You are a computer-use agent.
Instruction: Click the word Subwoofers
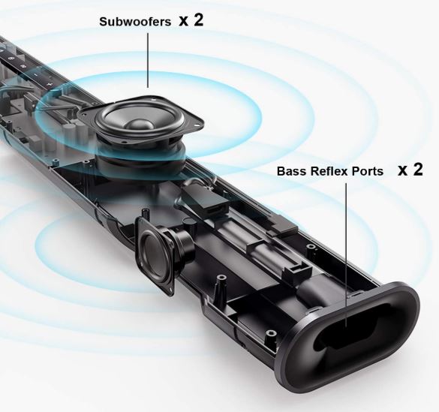tap(135, 22)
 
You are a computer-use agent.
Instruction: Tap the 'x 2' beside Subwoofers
tap(191, 20)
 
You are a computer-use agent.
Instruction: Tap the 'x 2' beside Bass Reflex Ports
tap(410, 170)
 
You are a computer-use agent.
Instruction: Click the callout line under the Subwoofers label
tap(148, 60)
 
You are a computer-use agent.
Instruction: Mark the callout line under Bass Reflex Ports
tap(346, 254)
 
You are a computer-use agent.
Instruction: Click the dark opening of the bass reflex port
tap(355, 326)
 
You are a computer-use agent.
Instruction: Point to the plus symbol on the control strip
tap(50, 84)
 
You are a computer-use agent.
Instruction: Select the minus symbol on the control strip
tap(36, 75)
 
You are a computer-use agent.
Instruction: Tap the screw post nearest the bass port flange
tap(270, 333)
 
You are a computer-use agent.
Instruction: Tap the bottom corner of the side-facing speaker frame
tap(171, 293)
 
